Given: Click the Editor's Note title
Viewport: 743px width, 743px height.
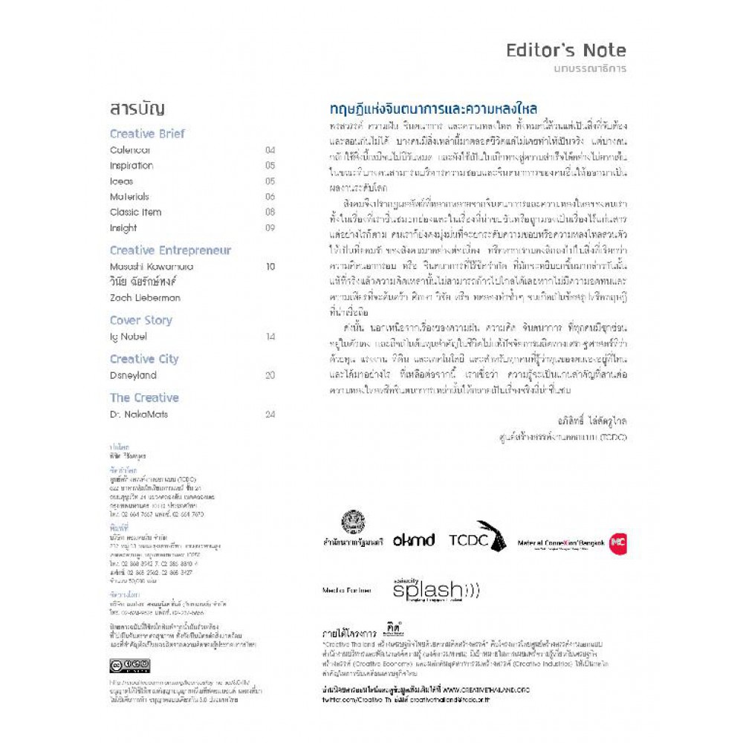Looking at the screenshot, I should (x=565, y=51).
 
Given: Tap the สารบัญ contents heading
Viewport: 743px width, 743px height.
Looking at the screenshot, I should (x=137, y=108).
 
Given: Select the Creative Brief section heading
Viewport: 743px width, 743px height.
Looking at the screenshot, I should (x=147, y=134).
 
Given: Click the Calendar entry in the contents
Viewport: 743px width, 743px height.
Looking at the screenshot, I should (x=130, y=150).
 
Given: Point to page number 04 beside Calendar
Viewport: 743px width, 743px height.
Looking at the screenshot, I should (x=270, y=150).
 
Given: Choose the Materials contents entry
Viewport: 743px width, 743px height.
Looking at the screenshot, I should (x=129, y=197).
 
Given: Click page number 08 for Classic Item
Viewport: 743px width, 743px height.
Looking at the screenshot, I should (x=270, y=212).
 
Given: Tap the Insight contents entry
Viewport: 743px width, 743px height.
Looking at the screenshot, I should (x=123, y=228).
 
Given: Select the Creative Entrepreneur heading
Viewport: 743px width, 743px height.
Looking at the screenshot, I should (x=170, y=250).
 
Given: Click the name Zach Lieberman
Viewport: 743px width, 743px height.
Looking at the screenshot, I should (x=145, y=298).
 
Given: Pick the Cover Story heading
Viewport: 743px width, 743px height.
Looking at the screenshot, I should (x=140, y=320).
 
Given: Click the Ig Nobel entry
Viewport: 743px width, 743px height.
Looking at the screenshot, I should (x=129, y=337).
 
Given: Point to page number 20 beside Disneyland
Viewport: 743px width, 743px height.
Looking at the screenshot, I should (x=270, y=375).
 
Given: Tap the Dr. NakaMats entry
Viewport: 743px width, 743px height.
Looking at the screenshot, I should (x=140, y=414).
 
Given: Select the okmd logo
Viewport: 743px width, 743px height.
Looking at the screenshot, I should (x=414, y=540).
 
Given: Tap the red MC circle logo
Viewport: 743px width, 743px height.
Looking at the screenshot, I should (x=617, y=544).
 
